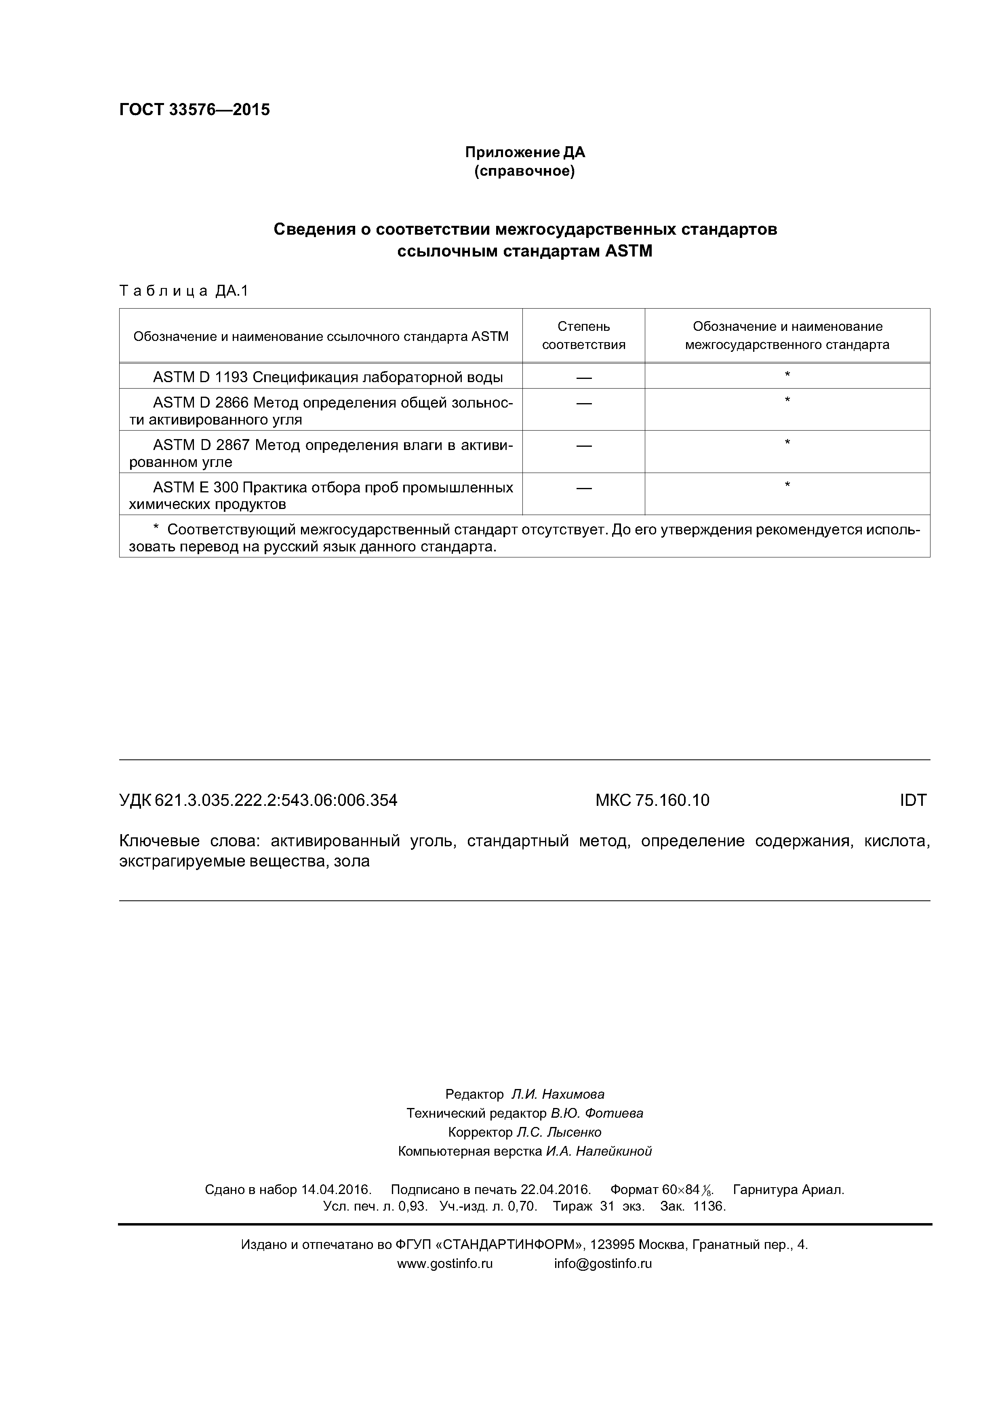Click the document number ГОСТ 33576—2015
coord(194,110)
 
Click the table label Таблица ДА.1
coord(183,291)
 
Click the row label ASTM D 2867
coord(201,445)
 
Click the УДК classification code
coord(258,801)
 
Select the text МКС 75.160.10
coord(652,801)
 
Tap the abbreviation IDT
coord(912,801)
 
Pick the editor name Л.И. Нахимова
coord(558,1094)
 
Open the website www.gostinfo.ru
coord(444,1264)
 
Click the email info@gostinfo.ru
coord(602,1264)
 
